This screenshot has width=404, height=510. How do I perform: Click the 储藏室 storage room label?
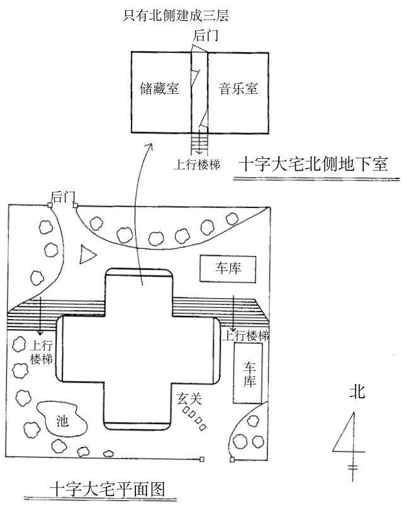[159, 88]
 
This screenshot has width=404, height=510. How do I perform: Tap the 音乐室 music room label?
[238, 88]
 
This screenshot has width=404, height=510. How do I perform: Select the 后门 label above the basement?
[206, 35]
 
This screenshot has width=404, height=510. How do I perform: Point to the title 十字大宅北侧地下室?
[312, 165]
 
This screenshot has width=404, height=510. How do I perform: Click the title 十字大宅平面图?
[106, 489]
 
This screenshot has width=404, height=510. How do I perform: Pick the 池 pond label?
[62, 420]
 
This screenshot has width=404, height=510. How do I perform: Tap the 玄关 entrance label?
[189, 398]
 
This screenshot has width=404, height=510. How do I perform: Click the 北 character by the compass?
[357, 392]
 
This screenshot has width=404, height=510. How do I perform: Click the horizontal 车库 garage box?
[228, 269]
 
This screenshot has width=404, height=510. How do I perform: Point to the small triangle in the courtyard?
[89, 255]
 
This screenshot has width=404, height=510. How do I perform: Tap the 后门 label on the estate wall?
[62, 197]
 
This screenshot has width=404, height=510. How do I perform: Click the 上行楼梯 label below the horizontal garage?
[245, 335]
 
